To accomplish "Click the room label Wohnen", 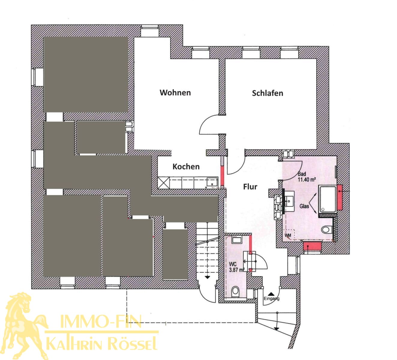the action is [x=175, y=93].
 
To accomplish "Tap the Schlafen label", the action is [x=267, y=93].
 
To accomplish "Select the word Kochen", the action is [x=186, y=166].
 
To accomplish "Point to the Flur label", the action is [x=250, y=187].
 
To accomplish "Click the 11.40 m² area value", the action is [x=307, y=180].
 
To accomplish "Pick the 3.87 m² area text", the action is [x=237, y=270].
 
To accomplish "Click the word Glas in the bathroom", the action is [x=304, y=206].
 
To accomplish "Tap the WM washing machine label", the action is [x=288, y=235].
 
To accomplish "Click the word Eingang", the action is [x=271, y=298].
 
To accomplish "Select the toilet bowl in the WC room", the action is [x=235, y=291].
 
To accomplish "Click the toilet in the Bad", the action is [x=327, y=229].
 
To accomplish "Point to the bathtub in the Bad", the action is [x=328, y=199].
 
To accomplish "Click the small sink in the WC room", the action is [x=236, y=240].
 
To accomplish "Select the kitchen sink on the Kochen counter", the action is [x=212, y=182].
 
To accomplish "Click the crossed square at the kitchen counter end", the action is [x=164, y=183].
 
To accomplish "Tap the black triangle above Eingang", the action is [x=272, y=294].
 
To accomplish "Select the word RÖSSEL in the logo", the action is [x=134, y=344].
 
